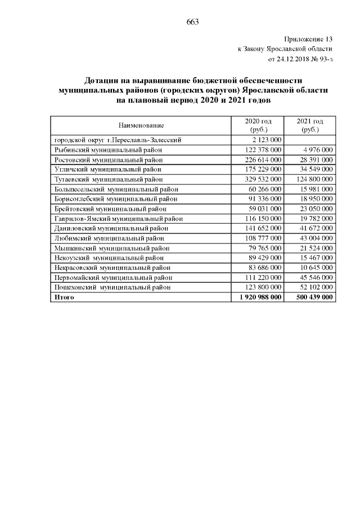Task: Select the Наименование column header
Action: pos(141,125)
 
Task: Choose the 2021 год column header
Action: pos(310,121)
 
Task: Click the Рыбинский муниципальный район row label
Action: pos(108,150)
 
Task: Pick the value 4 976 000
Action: pos(318,150)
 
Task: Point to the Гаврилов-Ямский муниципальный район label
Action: pos(118,218)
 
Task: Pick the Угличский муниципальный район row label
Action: pos(108,169)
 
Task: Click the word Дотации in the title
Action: pos(102,80)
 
